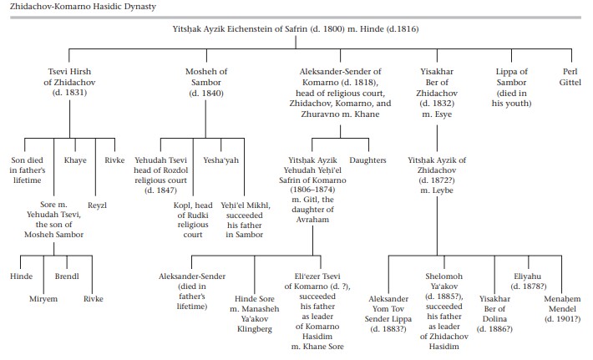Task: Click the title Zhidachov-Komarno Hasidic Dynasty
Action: click(x=83, y=7)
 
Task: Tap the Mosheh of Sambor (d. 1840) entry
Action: click(x=206, y=82)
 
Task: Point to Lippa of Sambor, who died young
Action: click(x=511, y=88)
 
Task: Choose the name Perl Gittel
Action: click(x=570, y=77)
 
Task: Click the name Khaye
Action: click(x=75, y=160)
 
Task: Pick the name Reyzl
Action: click(x=97, y=205)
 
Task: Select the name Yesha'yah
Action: click(x=220, y=160)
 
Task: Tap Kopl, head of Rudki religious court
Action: click(x=193, y=220)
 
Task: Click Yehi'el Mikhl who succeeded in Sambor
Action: click(x=245, y=220)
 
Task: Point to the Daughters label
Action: click(x=367, y=160)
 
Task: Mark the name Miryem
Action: click(x=43, y=299)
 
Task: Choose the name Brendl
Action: click(x=67, y=276)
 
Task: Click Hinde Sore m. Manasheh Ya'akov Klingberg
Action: click(x=255, y=314)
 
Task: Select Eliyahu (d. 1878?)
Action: click(x=529, y=281)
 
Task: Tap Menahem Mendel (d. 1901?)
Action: click(x=562, y=309)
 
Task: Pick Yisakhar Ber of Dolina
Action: click(x=494, y=314)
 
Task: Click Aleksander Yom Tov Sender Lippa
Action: click(x=388, y=314)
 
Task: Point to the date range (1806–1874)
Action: click(x=312, y=190)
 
